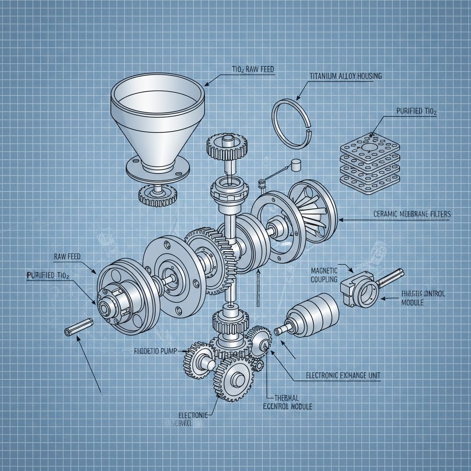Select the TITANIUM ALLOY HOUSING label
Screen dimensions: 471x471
tap(345, 76)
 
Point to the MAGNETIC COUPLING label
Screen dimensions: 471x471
tap(324, 275)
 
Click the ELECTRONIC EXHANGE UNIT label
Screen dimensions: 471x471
tap(343, 375)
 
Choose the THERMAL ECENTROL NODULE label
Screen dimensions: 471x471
tap(287, 402)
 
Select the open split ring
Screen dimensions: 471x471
tap(292, 124)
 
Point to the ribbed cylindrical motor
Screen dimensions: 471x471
tap(313, 315)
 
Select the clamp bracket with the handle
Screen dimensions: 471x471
tap(361, 288)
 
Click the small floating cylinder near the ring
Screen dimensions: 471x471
tap(295, 164)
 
